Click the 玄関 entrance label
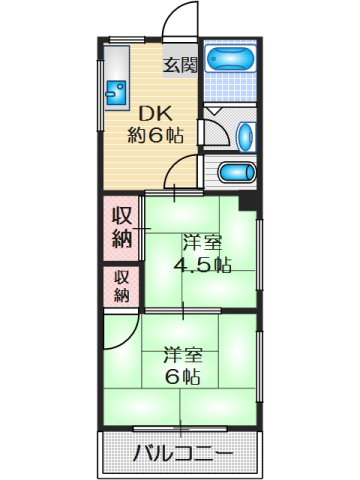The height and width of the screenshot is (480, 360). tap(180, 65)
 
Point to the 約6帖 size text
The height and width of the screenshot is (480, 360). tap(155, 136)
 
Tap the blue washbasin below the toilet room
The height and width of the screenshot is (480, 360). tap(236, 172)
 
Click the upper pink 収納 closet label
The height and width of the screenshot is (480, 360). tap(121, 226)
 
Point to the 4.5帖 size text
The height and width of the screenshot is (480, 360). tap(202, 265)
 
